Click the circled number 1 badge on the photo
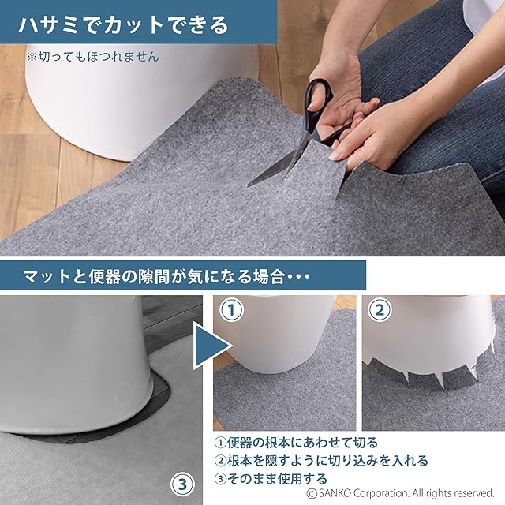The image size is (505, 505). pyautogui.click(x=231, y=310)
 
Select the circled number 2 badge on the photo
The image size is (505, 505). pyautogui.click(x=380, y=310)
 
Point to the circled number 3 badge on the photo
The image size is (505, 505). pyautogui.click(x=182, y=484)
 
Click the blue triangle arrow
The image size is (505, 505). pyautogui.click(x=212, y=346)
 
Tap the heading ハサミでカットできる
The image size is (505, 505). pyautogui.click(x=123, y=25)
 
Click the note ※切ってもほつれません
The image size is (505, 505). pyautogui.click(x=93, y=57)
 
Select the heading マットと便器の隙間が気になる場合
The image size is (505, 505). pyautogui.click(x=154, y=276)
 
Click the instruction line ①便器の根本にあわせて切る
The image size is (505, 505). pyautogui.click(x=296, y=443)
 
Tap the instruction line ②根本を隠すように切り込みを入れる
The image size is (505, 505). pyautogui.click(x=321, y=461)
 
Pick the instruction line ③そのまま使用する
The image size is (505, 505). pyautogui.click(x=271, y=479)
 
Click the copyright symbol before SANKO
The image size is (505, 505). pyautogui.click(x=312, y=493)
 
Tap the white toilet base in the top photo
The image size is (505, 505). pyautogui.click(x=142, y=103)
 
